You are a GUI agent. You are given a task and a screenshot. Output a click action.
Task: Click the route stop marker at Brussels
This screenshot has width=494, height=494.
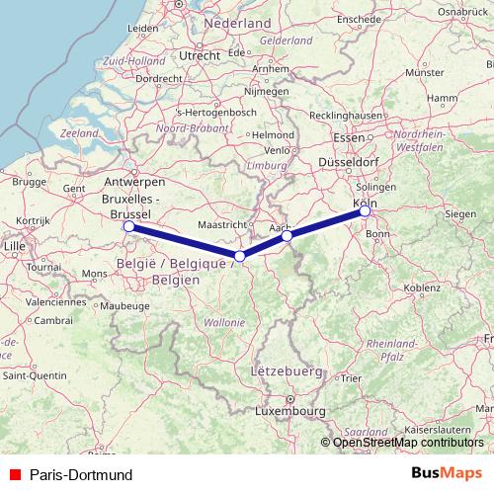point(129,227)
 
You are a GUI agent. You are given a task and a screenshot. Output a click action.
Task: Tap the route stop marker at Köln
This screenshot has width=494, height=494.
point(365,210)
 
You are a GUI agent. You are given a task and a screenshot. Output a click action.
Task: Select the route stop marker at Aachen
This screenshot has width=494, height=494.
point(287,236)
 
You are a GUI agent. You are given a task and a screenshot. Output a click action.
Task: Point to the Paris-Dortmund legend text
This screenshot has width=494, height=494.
point(81,475)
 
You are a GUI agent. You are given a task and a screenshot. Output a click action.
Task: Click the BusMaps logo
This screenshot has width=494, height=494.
point(447,474)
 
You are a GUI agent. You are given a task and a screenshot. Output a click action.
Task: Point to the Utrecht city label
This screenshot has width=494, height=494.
point(199,56)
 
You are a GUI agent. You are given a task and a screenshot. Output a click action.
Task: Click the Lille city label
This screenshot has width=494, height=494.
point(15,244)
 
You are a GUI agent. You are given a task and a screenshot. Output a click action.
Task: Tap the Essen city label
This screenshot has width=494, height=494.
point(350,137)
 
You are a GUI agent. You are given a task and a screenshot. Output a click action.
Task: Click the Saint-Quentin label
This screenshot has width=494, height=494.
point(35,375)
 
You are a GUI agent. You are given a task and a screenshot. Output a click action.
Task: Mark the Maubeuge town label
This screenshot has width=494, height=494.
point(123,306)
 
